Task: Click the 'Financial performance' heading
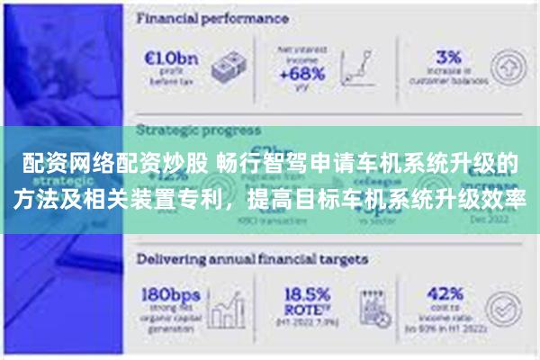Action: [x=212, y=18]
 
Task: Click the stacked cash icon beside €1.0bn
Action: [x=229, y=67]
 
